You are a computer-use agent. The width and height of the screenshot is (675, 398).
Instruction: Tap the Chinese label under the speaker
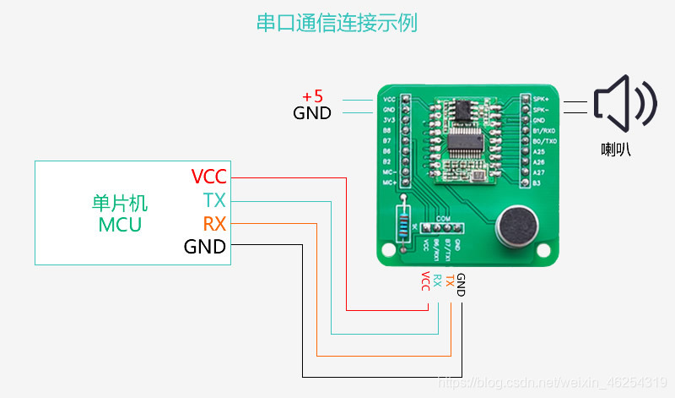pyautogui.click(x=616, y=150)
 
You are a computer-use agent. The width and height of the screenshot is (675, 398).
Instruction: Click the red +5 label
pyautogui.click(x=312, y=96)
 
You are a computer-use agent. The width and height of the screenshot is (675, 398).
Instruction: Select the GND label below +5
pyautogui.click(x=312, y=113)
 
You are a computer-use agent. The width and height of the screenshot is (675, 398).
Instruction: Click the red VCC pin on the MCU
pyautogui.click(x=209, y=177)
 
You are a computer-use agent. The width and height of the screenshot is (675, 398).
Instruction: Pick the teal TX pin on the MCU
pyautogui.click(x=214, y=200)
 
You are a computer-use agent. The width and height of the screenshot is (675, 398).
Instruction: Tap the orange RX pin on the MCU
pyautogui.click(x=214, y=224)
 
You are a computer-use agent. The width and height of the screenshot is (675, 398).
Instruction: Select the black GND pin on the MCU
pyautogui.click(x=205, y=247)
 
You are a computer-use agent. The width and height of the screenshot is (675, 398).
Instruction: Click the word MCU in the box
pyautogui.click(x=120, y=225)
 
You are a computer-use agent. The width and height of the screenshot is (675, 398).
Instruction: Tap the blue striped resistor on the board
pyautogui.click(x=406, y=225)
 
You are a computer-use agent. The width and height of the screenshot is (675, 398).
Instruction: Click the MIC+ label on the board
pyautogui.click(x=390, y=182)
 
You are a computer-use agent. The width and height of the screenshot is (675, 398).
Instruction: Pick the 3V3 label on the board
pyautogui.click(x=389, y=120)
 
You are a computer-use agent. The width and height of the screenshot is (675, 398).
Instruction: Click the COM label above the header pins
pyautogui.click(x=442, y=218)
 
